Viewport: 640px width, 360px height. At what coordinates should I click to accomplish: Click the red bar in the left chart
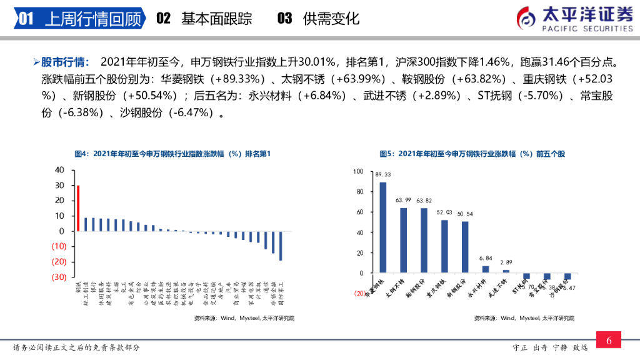(x=78, y=208)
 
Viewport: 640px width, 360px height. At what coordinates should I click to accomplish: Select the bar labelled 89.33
(x=383, y=227)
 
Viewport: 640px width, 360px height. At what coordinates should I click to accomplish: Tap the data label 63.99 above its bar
(x=404, y=200)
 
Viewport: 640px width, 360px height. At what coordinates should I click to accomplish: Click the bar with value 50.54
(x=465, y=247)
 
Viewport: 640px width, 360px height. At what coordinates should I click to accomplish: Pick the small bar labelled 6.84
(x=486, y=269)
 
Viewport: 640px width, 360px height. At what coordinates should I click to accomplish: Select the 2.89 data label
(x=506, y=262)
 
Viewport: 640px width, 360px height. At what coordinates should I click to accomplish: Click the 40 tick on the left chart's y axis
(x=59, y=170)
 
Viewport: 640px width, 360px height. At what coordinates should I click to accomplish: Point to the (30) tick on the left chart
(x=58, y=277)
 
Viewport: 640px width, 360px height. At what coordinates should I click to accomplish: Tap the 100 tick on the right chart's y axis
(x=357, y=171)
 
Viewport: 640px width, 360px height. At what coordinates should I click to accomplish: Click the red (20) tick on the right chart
(x=359, y=293)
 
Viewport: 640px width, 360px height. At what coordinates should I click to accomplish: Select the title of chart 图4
(x=172, y=154)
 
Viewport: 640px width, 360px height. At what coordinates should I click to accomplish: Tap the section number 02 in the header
(x=163, y=19)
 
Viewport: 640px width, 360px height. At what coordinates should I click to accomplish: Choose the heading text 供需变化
(x=331, y=19)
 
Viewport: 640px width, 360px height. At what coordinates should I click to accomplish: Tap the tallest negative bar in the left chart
(x=281, y=246)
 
